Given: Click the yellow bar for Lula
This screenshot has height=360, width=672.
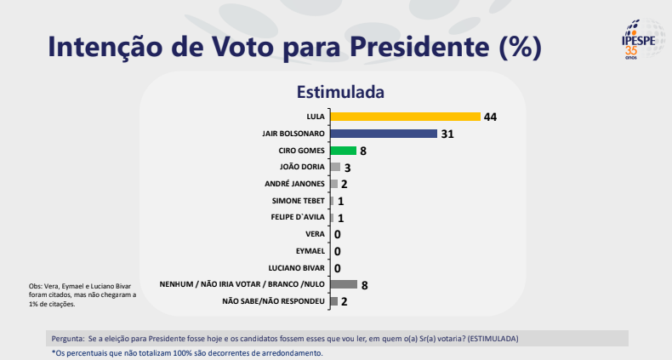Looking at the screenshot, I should coord(405,117).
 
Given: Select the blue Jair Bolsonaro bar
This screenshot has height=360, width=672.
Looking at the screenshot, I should coord(383,134).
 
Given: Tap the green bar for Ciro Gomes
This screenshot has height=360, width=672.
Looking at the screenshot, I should coord(343,151).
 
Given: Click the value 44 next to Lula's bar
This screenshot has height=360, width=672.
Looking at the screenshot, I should coord(490,117).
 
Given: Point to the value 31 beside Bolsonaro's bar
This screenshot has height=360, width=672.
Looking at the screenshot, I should coord(447,134).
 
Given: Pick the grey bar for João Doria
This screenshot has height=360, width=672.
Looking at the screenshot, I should coord(334,167).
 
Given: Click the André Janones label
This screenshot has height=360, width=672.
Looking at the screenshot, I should coord(295,184).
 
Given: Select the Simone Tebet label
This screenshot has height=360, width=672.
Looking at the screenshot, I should coord(297,201).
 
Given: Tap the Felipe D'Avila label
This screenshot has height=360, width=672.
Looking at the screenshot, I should coord(296,217).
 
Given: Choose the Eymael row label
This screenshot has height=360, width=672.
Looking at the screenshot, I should coord(308,251).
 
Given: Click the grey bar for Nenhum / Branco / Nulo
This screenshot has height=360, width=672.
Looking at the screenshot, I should coord(343,284).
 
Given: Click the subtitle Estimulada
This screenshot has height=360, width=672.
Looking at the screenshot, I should coord(340,91).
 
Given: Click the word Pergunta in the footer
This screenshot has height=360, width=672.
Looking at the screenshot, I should coord(68,338).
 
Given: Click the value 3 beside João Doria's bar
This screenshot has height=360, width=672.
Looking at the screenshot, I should coord(348,168).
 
